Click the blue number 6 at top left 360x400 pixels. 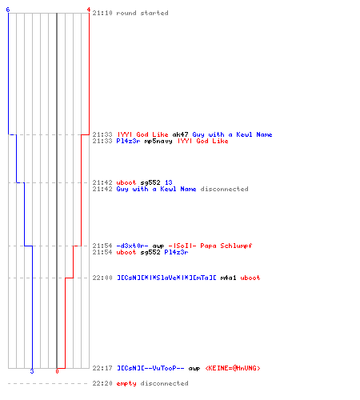pyautogui.click(x=8, y=10)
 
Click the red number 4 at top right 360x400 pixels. pyautogui.click(x=89, y=10)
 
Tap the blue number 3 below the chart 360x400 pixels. pyautogui.click(x=32, y=371)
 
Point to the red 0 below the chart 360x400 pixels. pyautogui.click(x=57, y=371)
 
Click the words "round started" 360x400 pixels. pyautogui.click(x=142, y=13)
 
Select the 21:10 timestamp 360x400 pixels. pyautogui.click(x=102, y=13)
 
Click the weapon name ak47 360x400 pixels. pyautogui.click(x=181, y=134)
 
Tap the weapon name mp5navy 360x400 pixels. pyautogui.click(x=158, y=141)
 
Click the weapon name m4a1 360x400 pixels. pyautogui.click(x=228, y=278)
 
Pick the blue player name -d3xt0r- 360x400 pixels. pyautogui.click(x=132, y=246)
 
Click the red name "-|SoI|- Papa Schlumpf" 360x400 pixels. pyautogui.click(x=210, y=246)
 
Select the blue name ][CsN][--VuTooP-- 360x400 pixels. pyautogui.click(x=150, y=368)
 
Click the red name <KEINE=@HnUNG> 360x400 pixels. pyautogui.click(x=233, y=368)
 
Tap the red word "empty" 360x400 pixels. pyautogui.click(x=126, y=383)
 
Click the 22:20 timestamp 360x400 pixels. pyautogui.click(x=102, y=383)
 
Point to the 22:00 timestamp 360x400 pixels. pyautogui.click(x=102, y=278)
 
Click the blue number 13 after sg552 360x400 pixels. pyautogui.click(x=169, y=182)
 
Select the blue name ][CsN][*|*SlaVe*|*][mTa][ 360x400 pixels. pyautogui.click(x=166, y=278)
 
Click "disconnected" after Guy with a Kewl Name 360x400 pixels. pyautogui.click(x=224, y=189)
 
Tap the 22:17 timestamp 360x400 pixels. pyautogui.click(x=102, y=368)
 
